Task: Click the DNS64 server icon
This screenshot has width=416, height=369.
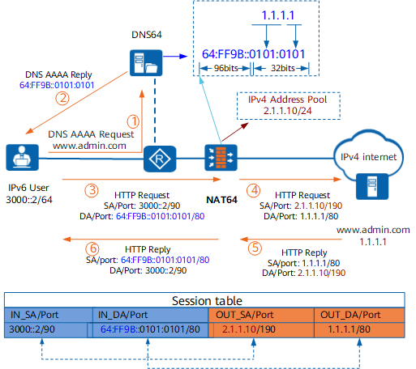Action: (146, 63)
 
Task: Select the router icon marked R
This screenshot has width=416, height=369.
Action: (160, 159)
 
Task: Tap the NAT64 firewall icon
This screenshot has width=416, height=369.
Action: (221, 158)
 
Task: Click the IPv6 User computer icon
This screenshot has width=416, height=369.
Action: (23, 158)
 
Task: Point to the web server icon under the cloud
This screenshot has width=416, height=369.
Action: (372, 186)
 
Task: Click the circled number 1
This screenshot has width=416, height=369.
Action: (133, 121)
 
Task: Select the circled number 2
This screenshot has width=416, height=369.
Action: (62, 98)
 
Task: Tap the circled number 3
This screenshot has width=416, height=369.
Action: (92, 190)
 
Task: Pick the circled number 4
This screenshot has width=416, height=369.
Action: (254, 190)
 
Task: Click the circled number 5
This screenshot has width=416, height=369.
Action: (255, 248)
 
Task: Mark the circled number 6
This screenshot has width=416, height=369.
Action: (92, 248)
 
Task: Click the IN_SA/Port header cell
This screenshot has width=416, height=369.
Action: (49, 315)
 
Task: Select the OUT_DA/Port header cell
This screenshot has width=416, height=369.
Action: (359, 315)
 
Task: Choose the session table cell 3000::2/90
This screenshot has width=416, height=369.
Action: (46, 329)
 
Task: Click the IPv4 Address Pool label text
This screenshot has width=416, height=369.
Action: (288, 100)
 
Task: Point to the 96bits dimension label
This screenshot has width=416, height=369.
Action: (226, 68)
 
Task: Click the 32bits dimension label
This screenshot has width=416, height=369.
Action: (283, 68)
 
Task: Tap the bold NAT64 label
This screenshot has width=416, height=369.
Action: (221, 200)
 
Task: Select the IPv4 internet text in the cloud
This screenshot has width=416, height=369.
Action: (368, 157)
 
